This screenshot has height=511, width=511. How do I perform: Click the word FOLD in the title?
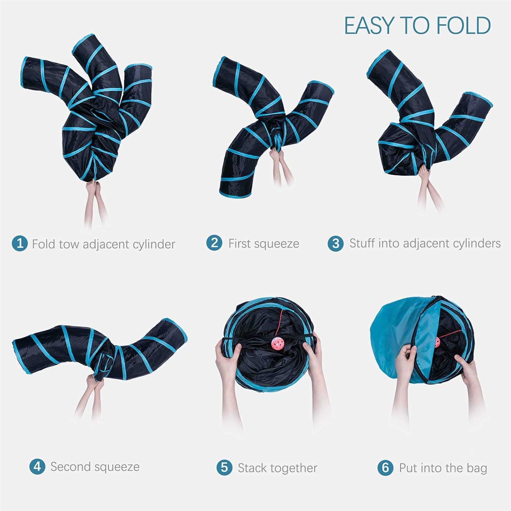[x=464, y=26]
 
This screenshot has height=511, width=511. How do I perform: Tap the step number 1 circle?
[x=20, y=243]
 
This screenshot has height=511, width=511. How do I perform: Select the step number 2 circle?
[x=214, y=243]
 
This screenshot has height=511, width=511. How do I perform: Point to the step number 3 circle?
[x=336, y=243]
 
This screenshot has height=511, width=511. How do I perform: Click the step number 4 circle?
[x=37, y=466]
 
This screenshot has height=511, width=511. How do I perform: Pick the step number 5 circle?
[x=224, y=467]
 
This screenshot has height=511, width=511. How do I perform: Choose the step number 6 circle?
[x=385, y=467]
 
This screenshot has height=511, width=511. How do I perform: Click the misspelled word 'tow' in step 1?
[x=69, y=244]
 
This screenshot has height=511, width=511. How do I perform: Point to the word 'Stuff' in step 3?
[x=362, y=243]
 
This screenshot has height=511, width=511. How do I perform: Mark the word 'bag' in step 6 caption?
[x=477, y=468]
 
